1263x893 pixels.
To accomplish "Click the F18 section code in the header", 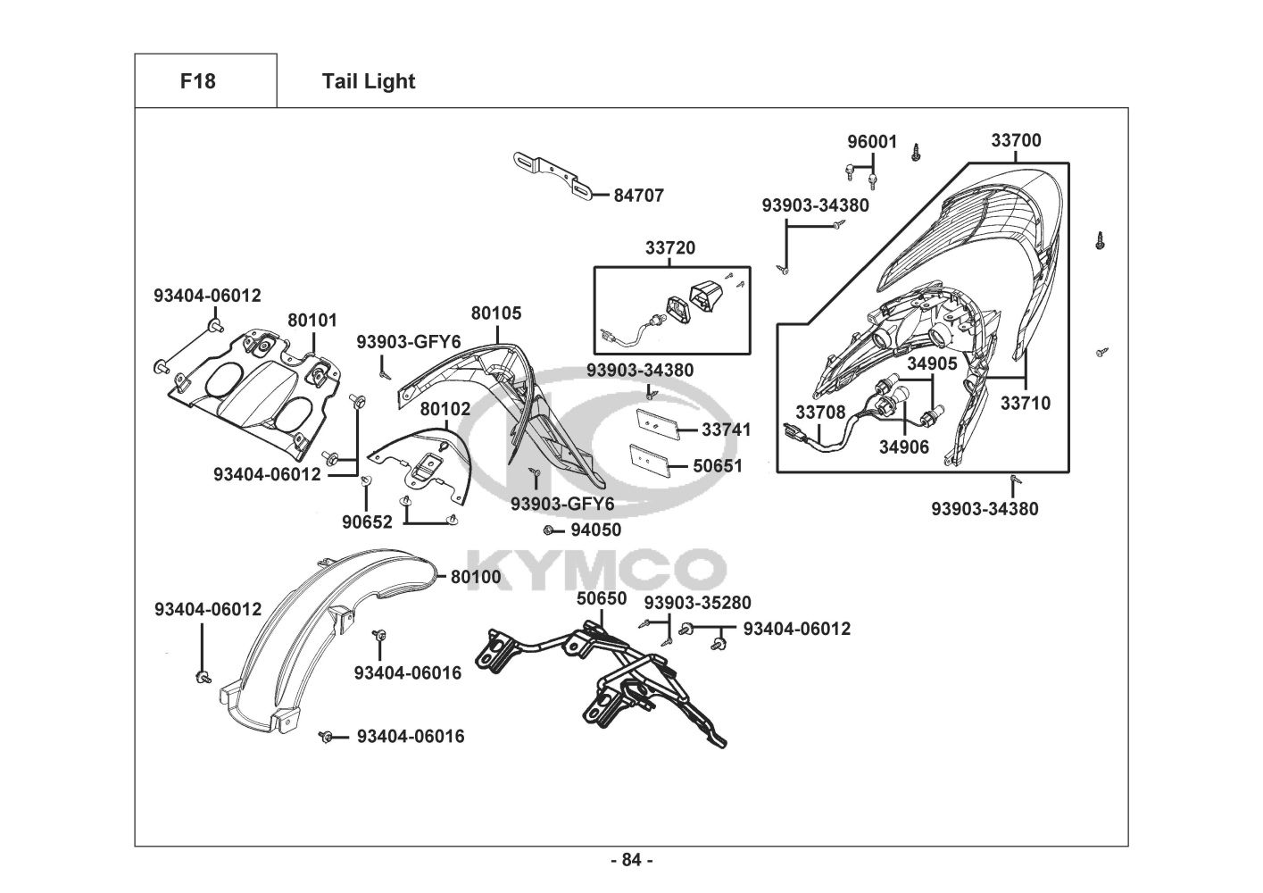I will click(197, 81).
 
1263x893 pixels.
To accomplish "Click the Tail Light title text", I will click(368, 81).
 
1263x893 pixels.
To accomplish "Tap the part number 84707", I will click(638, 196).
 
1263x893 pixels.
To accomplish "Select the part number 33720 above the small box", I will click(670, 248).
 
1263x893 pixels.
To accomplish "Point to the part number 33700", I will click(1016, 140).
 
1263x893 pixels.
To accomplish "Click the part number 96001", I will click(872, 142).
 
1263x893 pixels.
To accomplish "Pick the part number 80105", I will click(496, 313).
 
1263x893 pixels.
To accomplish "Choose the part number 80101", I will click(312, 320).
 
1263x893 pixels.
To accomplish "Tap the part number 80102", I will click(445, 409).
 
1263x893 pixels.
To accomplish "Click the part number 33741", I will click(727, 430).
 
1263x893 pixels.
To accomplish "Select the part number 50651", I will click(718, 466).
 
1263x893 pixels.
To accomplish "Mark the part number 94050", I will click(595, 530).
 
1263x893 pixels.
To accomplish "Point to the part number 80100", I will click(476, 578).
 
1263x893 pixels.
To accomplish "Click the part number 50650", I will click(602, 598).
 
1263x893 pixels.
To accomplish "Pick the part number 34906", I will click(904, 447).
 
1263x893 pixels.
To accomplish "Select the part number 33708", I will click(820, 412).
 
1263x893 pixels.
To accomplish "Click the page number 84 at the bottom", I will click(631, 860).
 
